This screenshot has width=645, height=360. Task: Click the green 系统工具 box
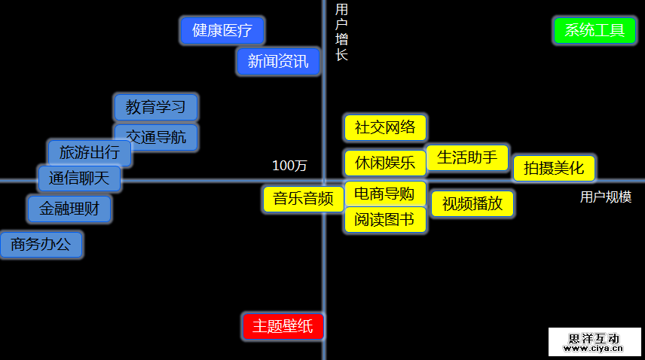[595, 31]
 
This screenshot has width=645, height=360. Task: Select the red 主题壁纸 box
[283, 326]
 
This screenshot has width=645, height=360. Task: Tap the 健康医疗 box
[222, 31]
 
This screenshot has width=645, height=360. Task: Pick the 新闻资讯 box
[278, 62]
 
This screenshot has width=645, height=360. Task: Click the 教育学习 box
[156, 107]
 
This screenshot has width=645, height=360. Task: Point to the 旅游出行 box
[89, 153]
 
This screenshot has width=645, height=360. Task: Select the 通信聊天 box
[79, 178]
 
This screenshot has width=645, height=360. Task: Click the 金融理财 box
[69, 208]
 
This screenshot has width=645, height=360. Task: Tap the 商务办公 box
[41, 245]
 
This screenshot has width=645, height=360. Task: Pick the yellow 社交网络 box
[385, 127]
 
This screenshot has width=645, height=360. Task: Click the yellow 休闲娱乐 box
[385, 163]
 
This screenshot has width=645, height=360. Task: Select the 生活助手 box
[467, 157]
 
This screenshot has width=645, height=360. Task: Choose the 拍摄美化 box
[554, 168]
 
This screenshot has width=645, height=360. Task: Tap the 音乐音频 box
[303, 199]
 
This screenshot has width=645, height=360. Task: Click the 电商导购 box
[385, 194]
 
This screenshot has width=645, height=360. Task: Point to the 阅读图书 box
[385, 221]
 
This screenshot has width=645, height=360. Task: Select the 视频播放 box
[472, 203]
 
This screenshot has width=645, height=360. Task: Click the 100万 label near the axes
[289, 166]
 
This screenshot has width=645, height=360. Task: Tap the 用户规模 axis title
[606, 197]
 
